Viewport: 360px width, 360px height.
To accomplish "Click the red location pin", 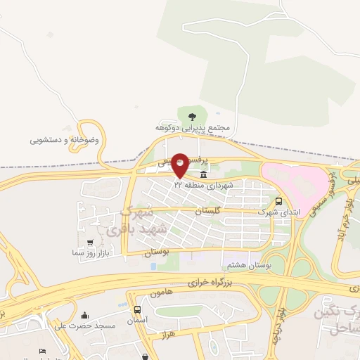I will click(180, 165).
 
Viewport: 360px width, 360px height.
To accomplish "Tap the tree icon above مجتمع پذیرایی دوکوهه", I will click(192, 117).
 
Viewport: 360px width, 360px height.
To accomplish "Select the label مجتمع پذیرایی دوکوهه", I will click(193, 128).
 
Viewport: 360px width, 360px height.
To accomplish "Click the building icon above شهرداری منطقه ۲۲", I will click(204, 174).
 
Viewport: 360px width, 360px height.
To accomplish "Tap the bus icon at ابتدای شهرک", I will click(279, 200).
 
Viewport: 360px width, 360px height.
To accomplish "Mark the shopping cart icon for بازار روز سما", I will click(90, 243).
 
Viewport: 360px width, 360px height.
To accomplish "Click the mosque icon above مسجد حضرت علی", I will click(85, 315).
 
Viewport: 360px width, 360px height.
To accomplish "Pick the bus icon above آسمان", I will click(137, 309).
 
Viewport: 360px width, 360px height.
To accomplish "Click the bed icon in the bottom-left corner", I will click(43, 352).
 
